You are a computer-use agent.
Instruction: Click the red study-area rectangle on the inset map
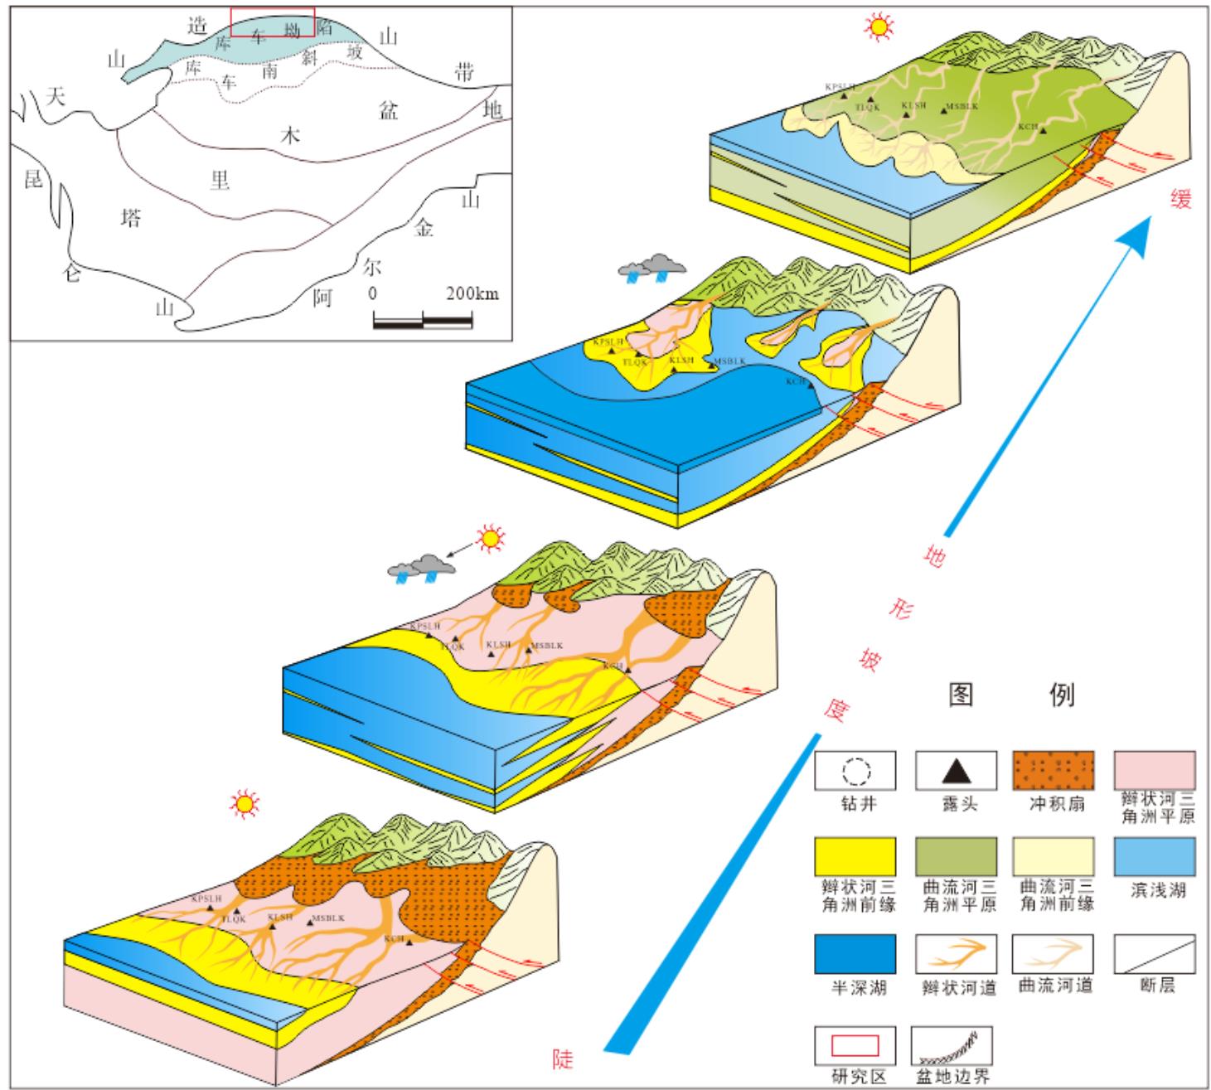pyautogui.click(x=273, y=22)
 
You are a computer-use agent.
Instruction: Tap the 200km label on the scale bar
pyautogui.click(x=472, y=293)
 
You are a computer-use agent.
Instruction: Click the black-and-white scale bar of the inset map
pyautogui.click(x=423, y=320)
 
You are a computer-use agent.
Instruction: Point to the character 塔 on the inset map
pyautogui.click(x=130, y=219)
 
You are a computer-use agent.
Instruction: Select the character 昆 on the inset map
pyautogui.click(x=33, y=178)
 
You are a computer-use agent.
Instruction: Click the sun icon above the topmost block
pyautogui.click(x=879, y=27)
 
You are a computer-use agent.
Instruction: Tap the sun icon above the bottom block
pyautogui.click(x=245, y=802)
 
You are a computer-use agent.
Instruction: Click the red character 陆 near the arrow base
pyautogui.click(x=563, y=1059)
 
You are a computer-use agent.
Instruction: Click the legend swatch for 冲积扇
pyautogui.click(x=1054, y=772)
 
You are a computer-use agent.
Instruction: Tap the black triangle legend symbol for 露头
pyautogui.click(x=956, y=772)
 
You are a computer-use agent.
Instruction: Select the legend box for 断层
pyautogui.click(x=1154, y=954)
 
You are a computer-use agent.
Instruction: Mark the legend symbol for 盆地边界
pyautogui.click(x=952, y=1047)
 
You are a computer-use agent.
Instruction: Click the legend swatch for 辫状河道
pyautogui.click(x=956, y=954)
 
